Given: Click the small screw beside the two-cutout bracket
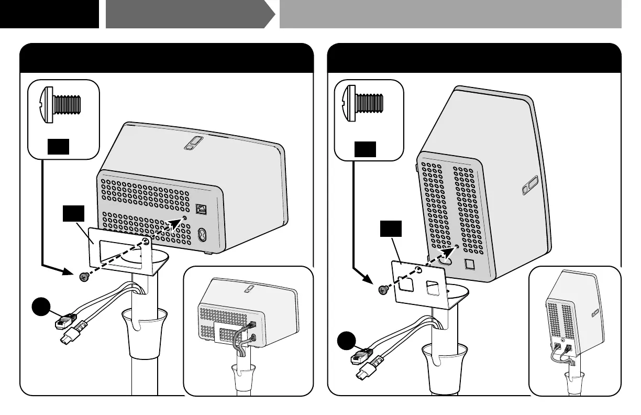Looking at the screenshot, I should coord(383,288).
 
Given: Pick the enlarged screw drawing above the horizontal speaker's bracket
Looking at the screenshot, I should coord(61,104).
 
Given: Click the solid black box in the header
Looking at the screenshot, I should coord(49,14).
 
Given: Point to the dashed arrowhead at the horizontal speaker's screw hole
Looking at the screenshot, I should coord(178,223).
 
